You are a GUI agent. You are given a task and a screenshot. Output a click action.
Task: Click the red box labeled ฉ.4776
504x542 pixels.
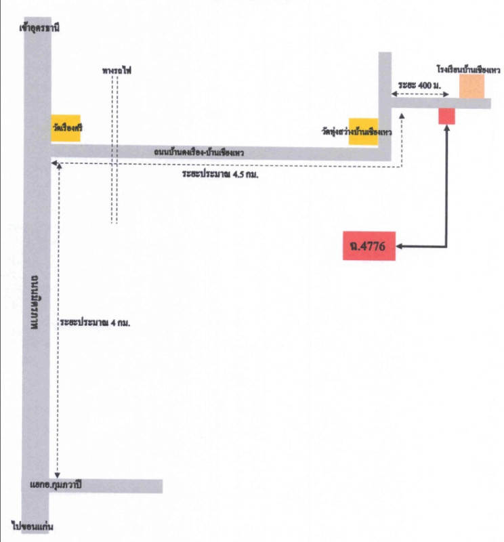point(369,247)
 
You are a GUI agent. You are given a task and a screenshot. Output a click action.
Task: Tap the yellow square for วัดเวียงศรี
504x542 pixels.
point(66,128)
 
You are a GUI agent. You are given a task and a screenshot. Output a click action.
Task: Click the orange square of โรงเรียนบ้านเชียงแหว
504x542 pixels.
point(471,87)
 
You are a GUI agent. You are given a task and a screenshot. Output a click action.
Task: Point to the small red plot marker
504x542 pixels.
point(446,116)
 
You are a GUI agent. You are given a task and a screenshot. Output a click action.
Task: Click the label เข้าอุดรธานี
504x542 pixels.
point(40,29)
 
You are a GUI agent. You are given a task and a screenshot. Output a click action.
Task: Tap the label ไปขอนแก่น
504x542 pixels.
point(33,526)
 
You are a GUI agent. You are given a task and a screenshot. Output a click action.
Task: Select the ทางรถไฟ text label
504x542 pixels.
point(113,69)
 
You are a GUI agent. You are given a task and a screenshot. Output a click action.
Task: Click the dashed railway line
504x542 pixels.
point(114,190)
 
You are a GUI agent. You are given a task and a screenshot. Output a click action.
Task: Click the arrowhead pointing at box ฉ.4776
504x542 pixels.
point(400,247)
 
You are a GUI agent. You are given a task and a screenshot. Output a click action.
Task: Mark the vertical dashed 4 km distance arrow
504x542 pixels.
point(59,318)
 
